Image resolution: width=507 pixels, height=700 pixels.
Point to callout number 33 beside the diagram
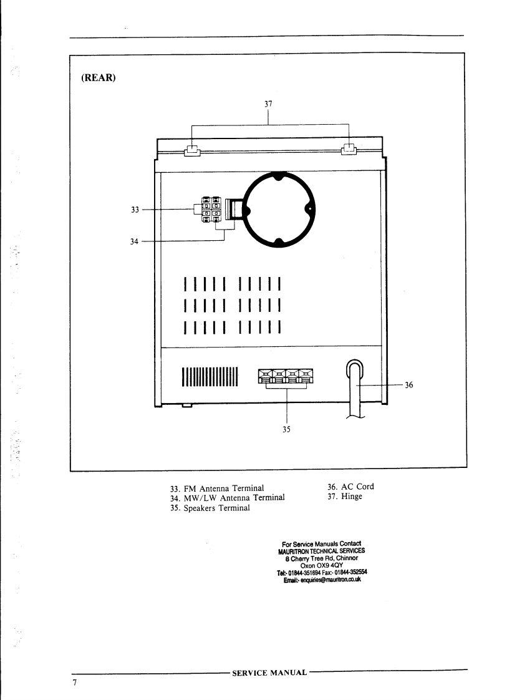pyautogui.click(x=134, y=210)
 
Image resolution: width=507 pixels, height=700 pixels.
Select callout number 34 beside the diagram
pyautogui.click(x=134, y=241)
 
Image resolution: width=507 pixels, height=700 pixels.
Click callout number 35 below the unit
pyautogui.click(x=286, y=429)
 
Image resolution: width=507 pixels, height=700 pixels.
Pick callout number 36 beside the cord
pyautogui.click(x=409, y=385)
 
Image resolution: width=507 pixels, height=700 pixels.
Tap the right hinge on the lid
pyautogui.click(x=349, y=150)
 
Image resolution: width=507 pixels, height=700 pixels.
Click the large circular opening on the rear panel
pyautogui.click(x=279, y=208)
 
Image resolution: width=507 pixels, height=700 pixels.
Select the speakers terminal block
pyautogui.click(x=287, y=376)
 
